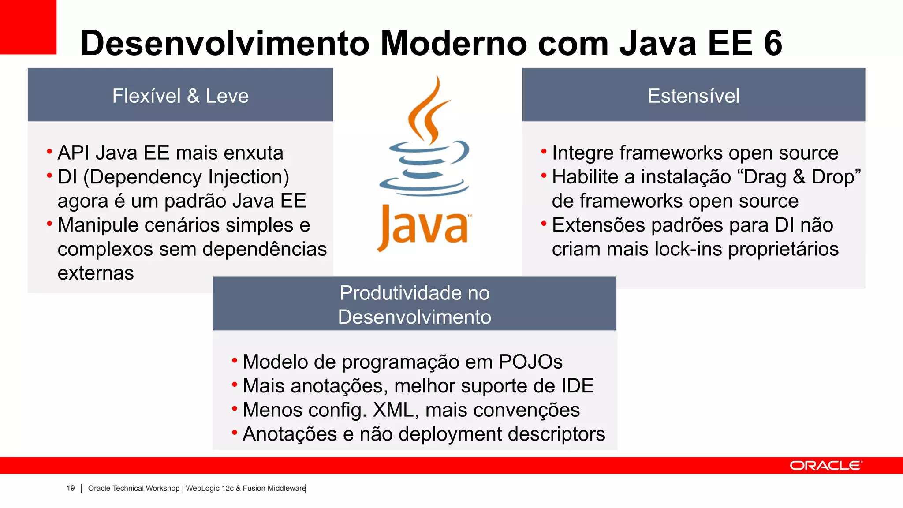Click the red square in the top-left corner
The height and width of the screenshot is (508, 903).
28,26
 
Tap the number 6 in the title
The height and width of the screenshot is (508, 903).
773,43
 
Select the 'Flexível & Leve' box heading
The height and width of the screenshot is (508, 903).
180,96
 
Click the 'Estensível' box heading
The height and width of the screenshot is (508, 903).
693,96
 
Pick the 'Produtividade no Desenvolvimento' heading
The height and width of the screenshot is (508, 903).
414,305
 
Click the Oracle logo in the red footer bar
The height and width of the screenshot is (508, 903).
825,466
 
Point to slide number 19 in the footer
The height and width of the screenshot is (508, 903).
71,488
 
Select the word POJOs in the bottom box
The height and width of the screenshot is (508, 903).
530,362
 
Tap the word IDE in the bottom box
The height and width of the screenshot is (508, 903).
577,386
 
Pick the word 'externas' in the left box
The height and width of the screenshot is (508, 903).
96,273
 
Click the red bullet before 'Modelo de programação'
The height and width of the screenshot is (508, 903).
235,360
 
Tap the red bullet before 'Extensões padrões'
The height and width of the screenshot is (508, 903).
544,223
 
